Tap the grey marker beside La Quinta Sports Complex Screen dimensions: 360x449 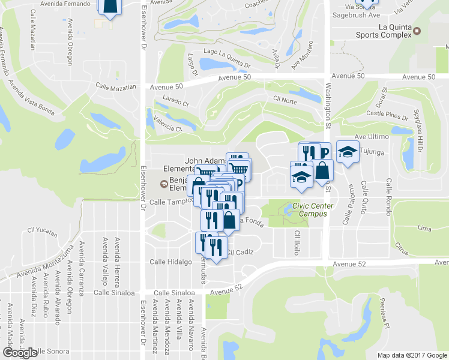pyautogui.click(x=417, y=31)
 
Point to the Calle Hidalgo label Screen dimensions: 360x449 pyautogui.click(x=170, y=262)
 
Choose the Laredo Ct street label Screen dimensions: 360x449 pyautogui.click(x=175, y=104)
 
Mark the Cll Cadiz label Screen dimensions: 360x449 pyautogui.click(x=238, y=253)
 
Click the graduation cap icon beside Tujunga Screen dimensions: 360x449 pyautogui.click(x=347, y=152)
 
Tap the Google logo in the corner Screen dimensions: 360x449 pyautogui.click(x=20, y=353)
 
